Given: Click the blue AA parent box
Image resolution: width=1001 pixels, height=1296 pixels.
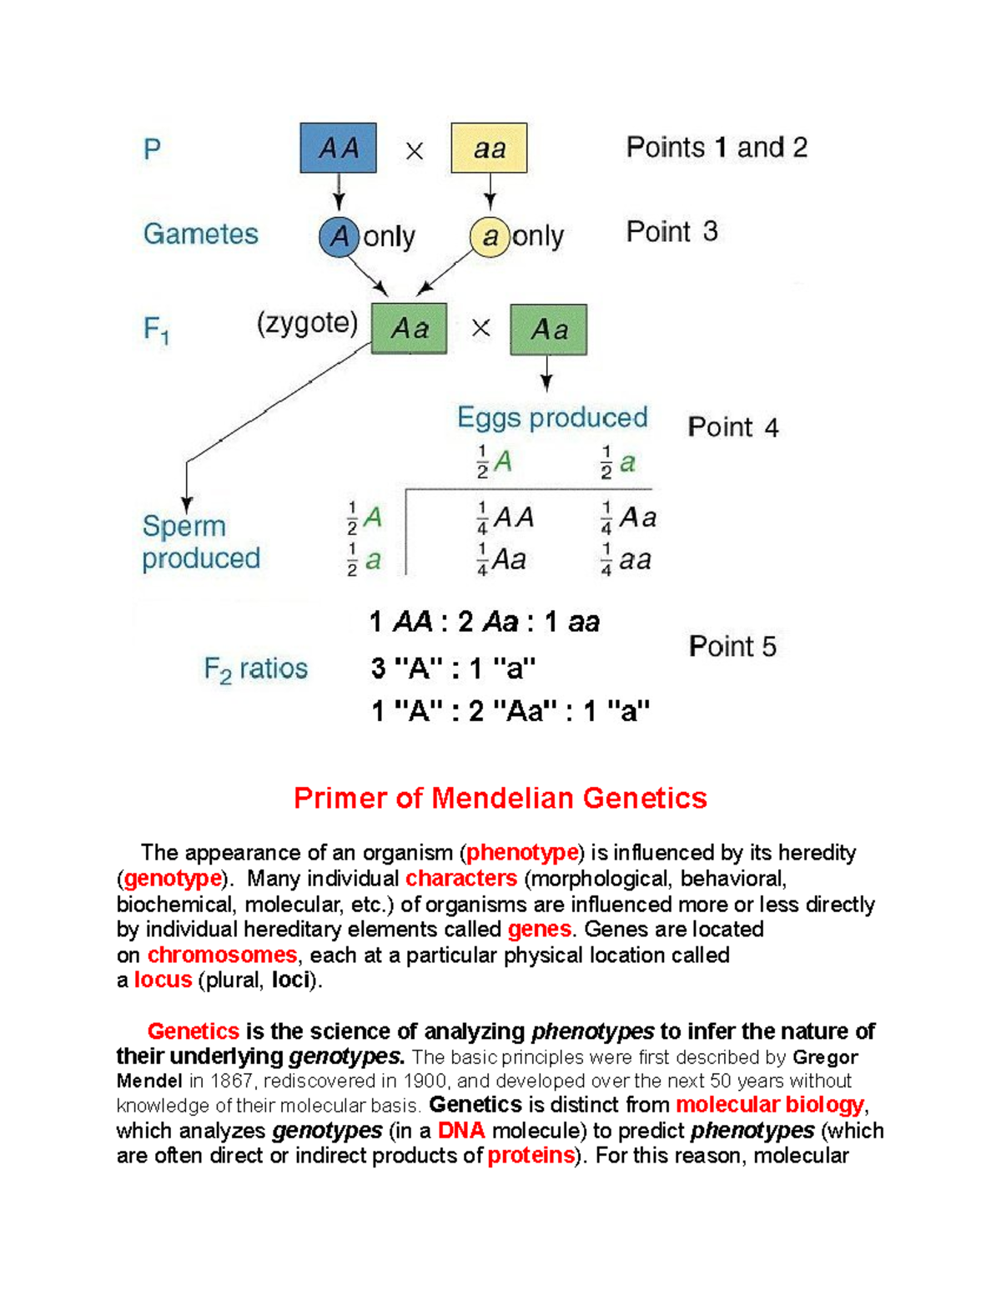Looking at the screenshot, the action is [338, 148].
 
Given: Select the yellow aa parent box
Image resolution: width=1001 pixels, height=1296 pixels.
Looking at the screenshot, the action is [489, 148].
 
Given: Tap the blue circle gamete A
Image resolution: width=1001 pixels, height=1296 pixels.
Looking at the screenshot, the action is [339, 236].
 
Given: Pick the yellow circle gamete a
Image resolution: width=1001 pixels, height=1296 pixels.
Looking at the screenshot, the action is [490, 236].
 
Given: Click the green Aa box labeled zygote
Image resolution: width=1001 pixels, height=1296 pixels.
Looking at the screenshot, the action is [409, 328].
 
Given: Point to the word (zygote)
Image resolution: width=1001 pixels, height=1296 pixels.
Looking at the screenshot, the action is [307, 323].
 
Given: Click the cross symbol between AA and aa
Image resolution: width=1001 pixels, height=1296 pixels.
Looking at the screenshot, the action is [415, 151].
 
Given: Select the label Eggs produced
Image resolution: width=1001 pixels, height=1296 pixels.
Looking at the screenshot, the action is [552, 417].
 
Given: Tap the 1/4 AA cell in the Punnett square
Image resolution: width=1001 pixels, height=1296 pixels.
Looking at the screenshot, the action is [505, 518].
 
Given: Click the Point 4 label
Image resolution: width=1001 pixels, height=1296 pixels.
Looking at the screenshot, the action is [732, 427].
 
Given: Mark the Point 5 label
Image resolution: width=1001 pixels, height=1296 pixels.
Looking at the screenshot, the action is [732, 646].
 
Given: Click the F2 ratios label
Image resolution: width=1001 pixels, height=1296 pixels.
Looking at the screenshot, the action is [255, 669].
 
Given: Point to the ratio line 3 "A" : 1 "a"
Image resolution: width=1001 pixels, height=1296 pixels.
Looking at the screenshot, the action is [453, 668].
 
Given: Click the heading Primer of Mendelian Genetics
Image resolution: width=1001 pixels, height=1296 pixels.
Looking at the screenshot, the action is [500, 798].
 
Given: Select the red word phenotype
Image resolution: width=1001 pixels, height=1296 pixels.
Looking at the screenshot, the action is [522, 852].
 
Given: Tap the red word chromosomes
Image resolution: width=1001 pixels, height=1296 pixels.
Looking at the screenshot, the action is [222, 955].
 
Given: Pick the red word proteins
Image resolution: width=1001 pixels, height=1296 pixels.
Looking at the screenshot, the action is [531, 1155].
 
